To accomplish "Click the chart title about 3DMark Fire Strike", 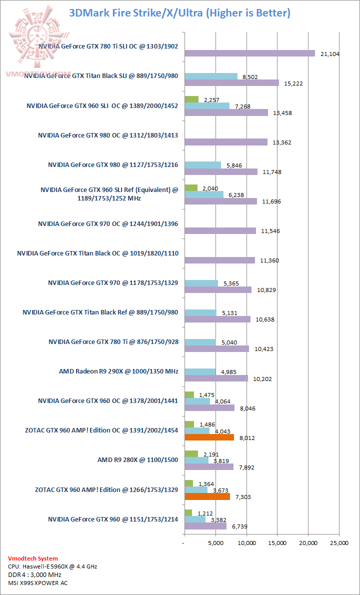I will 180,12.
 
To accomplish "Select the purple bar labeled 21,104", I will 250,53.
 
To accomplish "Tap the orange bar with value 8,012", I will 209,437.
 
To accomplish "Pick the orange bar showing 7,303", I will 207,496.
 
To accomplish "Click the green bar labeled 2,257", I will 191,99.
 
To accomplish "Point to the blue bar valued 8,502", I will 211,76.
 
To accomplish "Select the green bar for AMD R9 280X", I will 191,453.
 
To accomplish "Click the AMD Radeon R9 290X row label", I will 118,371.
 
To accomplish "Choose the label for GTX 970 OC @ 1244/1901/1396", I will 108,224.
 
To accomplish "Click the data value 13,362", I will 282,142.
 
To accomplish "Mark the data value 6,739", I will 240,526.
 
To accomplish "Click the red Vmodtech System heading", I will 33,558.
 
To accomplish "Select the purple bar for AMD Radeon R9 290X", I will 216,378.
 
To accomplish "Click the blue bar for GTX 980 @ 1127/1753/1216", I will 202,165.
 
